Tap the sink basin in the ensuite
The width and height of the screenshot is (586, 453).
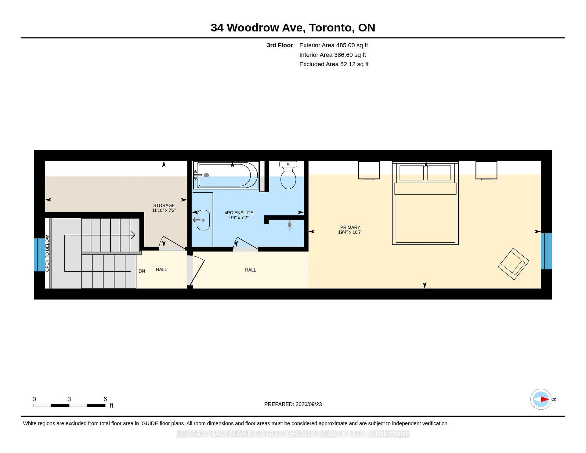203,220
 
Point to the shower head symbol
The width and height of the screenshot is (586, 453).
290,225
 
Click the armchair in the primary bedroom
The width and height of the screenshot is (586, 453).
514,264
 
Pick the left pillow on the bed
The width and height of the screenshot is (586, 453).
411,173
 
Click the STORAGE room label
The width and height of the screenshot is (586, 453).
164,205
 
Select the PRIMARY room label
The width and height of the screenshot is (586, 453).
350,227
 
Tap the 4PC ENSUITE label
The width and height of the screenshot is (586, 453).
239,212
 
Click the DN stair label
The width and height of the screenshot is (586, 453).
142,271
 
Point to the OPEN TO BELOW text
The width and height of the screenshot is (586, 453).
47,253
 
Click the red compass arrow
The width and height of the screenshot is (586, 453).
544,399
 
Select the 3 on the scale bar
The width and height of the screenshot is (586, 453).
69,399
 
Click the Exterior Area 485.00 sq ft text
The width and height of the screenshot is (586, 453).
334,45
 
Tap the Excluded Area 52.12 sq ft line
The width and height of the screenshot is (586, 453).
334,64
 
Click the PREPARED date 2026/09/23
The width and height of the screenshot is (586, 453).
309,404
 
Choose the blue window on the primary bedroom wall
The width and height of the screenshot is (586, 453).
546,251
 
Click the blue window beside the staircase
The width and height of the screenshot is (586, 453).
39,255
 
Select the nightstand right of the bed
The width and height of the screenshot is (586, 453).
486,170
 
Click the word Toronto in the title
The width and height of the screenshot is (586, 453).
331,28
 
